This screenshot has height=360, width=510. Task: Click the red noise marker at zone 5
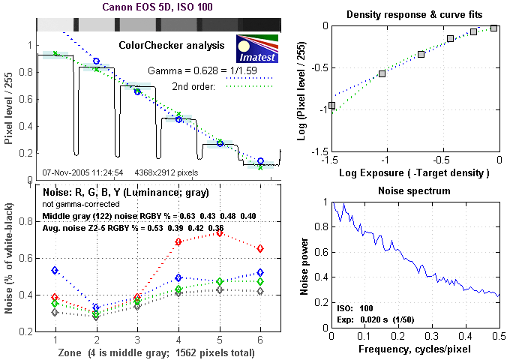pyautogui.click(x=220, y=232)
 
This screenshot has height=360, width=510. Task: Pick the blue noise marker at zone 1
pyautogui.click(x=54, y=270)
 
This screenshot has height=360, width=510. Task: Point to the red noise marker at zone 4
pyautogui.click(x=178, y=241)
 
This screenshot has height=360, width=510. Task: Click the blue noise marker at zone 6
pyautogui.click(x=260, y=273)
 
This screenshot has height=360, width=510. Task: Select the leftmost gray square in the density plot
pyautogui.click(x=331, y=106)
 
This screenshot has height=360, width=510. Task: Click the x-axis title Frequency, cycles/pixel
pyautogui.click(x=415, y=349)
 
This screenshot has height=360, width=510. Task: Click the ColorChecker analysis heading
pyautogui.click(x=172, y=45)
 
